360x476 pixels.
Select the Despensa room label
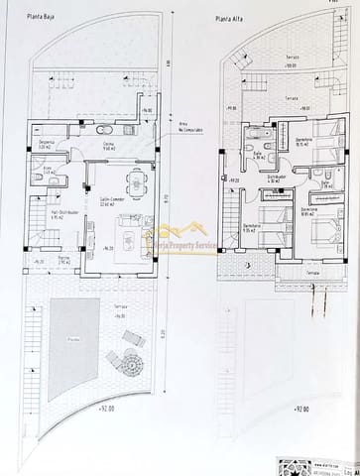point(45,143)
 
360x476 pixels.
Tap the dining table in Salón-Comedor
point(130,182)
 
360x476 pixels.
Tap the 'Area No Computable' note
point(189,126)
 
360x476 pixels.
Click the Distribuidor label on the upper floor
point(275,177)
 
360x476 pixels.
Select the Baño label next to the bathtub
point(256,155)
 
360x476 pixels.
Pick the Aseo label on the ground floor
point(46,170)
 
